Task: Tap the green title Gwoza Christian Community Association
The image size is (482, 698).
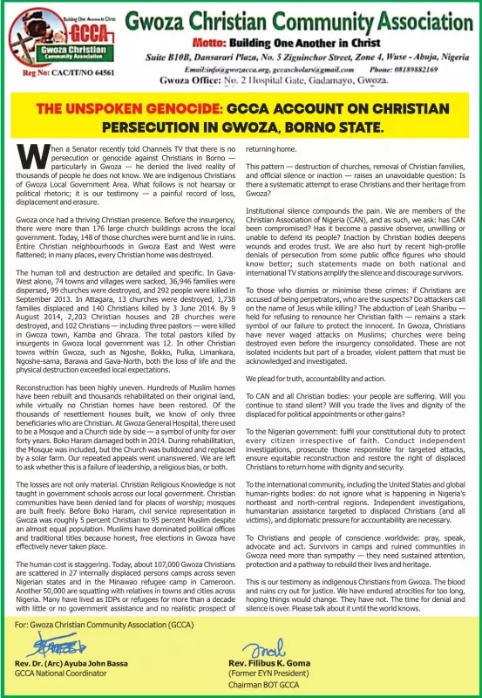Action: (296, 18)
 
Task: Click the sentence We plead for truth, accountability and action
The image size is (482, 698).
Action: (316, 379)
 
